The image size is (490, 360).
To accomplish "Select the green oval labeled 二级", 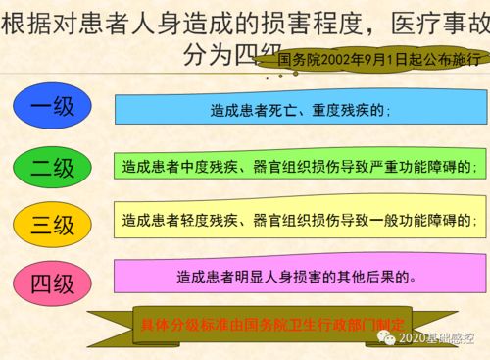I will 52,168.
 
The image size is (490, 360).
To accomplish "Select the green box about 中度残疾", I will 300,167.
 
